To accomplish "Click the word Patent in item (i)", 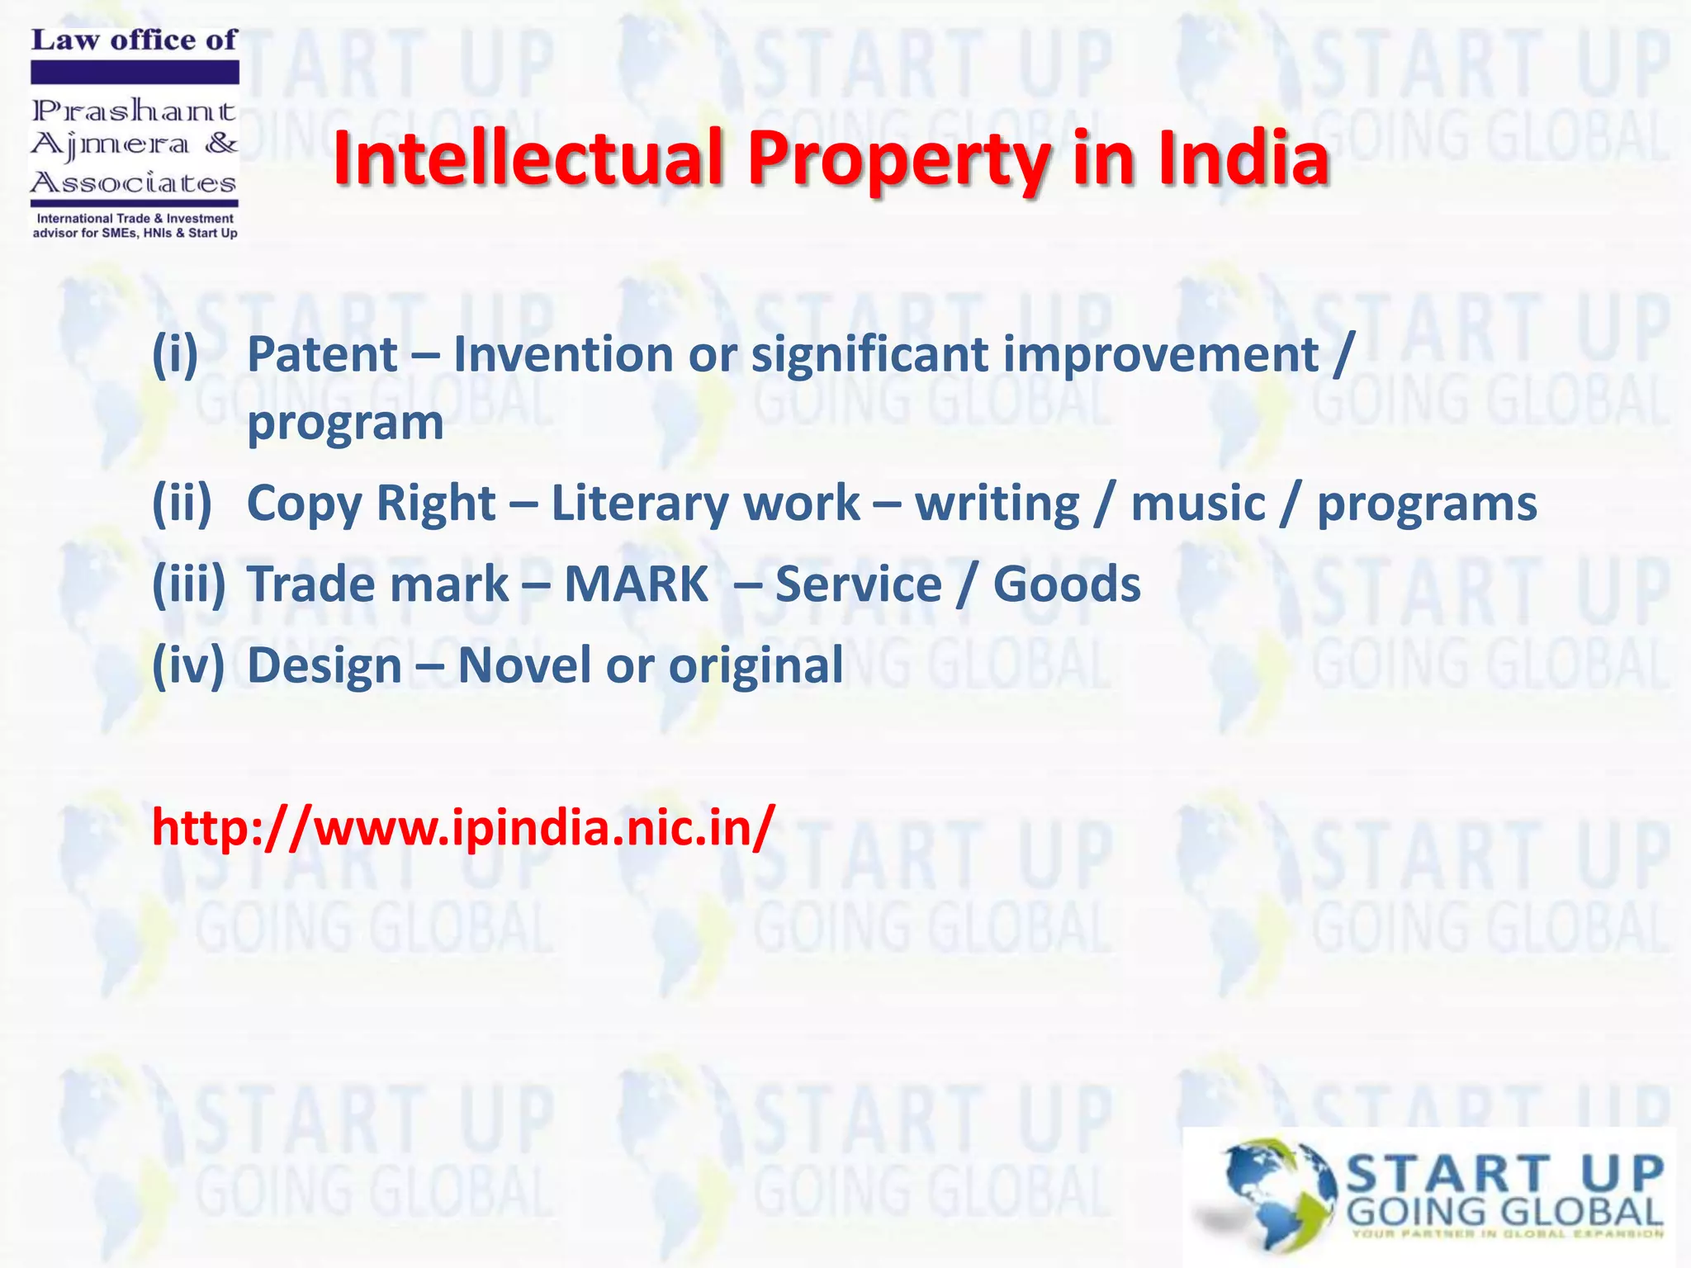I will coord(323,355).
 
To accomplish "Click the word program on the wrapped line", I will coord(345,424).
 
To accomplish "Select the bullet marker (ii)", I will coord(182,504).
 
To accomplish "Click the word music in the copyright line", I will coord(1198,504).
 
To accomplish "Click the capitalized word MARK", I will coord(636,584).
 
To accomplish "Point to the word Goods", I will coord(1067,584).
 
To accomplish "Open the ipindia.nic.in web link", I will coord(463,827).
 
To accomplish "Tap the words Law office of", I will coord(134,40).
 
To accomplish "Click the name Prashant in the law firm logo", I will coord(134,110).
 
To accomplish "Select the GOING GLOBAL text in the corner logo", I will coord(1504,1213).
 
